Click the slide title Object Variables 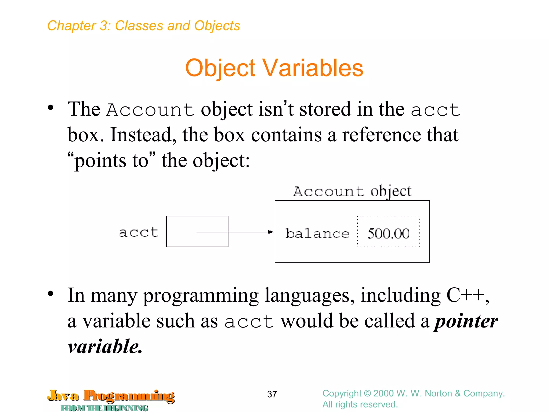[274, 68]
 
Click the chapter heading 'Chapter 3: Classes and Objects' [144, 26]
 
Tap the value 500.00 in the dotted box [388, 233]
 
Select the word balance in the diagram [317, 233]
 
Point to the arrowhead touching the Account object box [271, 232]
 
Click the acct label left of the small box [139, 232]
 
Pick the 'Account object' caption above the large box [352, 192]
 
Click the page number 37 [272, 394]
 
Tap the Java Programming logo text [111, 396]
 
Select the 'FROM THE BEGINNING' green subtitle [105, 408]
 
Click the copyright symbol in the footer [367, 393]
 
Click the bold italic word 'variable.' [105, 347]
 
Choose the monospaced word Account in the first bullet [150, 110]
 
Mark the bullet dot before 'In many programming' [50, 293]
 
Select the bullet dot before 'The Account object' [50, 108]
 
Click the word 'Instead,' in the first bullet [143, 135]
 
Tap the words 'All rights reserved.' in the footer [360, 404]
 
